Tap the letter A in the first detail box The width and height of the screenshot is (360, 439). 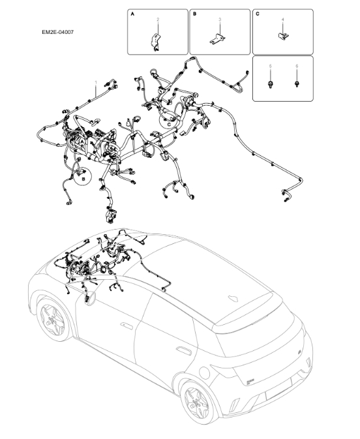(x=133, y=14)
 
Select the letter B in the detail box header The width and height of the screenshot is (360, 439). (x=195, y=14)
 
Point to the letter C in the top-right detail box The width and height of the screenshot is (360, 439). (x=258, y=14)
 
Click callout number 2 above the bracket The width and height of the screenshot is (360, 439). (x=157, y=21)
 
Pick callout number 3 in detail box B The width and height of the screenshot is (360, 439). (x=220, y=20)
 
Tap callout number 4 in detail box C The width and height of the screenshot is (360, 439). (x=282, y=20)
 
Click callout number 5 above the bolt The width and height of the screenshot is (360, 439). (x=270, y=67)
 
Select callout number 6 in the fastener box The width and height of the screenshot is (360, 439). (x=297, y=67)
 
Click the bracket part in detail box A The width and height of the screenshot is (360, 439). (x=155, y=41)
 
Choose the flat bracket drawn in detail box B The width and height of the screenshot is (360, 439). (x=218, y=39)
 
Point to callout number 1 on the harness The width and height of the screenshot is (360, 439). (x=97, y=83)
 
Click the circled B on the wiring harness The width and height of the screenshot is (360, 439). (x=83, y=177)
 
